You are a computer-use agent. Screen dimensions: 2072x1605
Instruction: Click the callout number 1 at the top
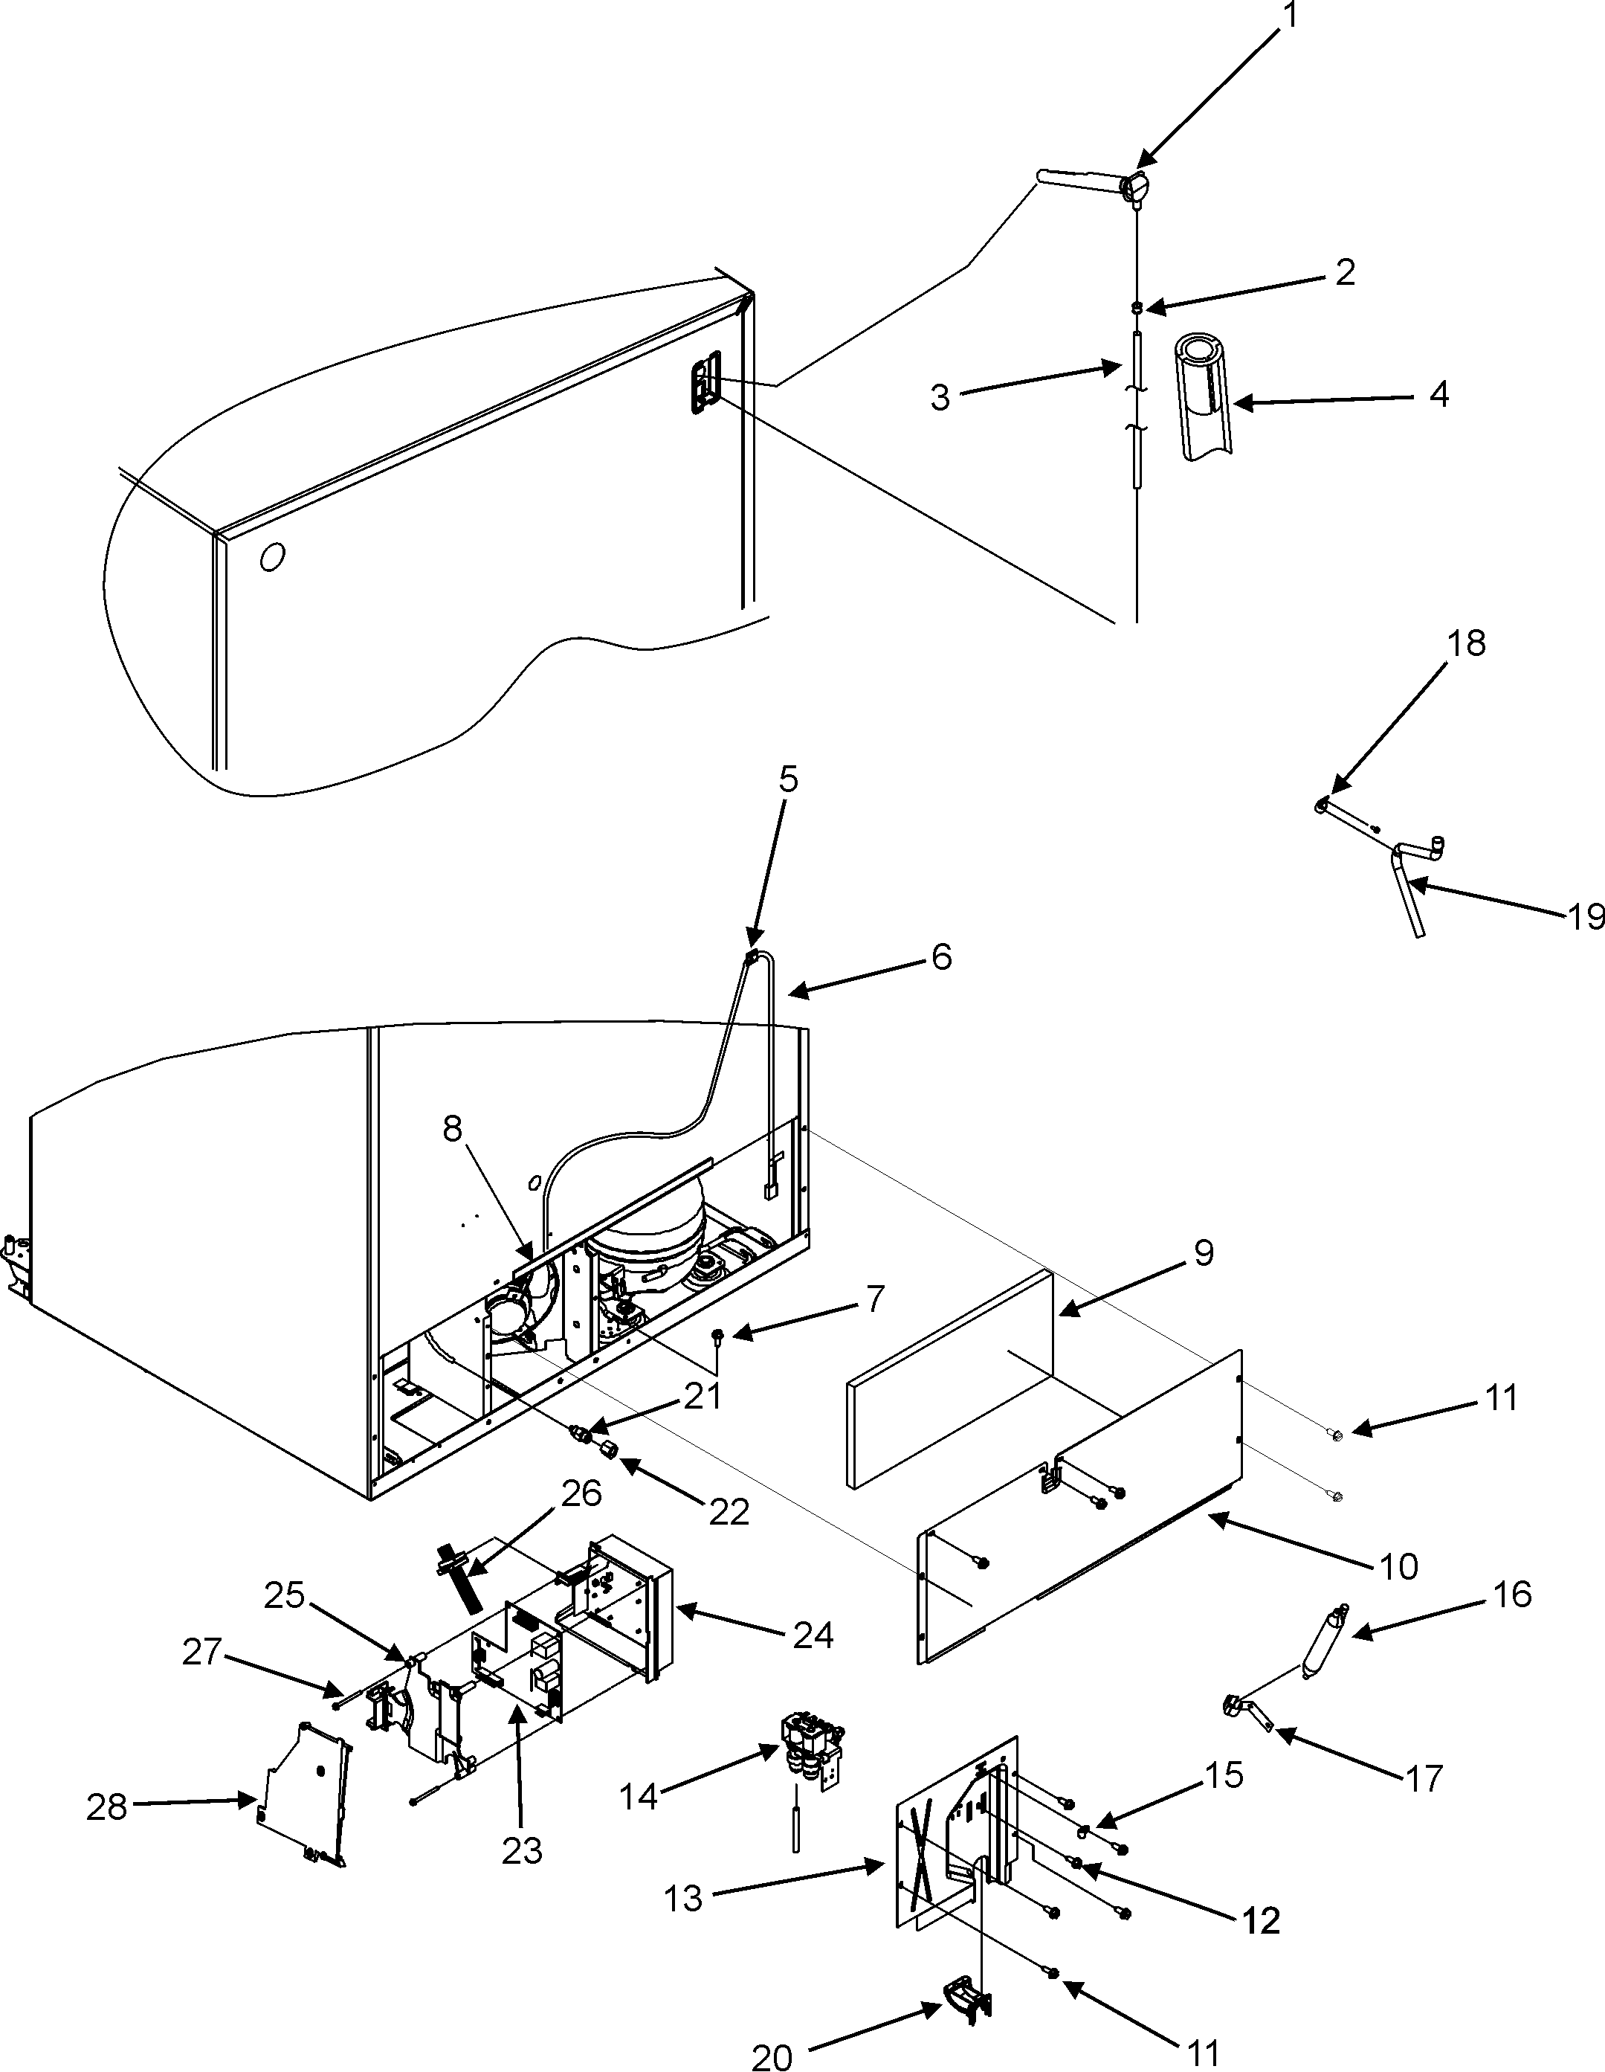[x=1289, y=17]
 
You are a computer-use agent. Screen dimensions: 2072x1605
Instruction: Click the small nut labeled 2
[x=1137, y=306]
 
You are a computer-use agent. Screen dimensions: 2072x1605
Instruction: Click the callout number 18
[x=1467, y=643]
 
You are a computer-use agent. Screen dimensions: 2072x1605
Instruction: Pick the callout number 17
[x=1424, y=1778]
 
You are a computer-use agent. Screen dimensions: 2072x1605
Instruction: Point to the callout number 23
[x=522, y=1850]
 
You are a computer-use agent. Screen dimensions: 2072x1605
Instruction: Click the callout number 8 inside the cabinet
[x=453, y=1128]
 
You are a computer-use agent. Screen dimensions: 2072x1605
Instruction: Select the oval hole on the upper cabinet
[x=272, y=558]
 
